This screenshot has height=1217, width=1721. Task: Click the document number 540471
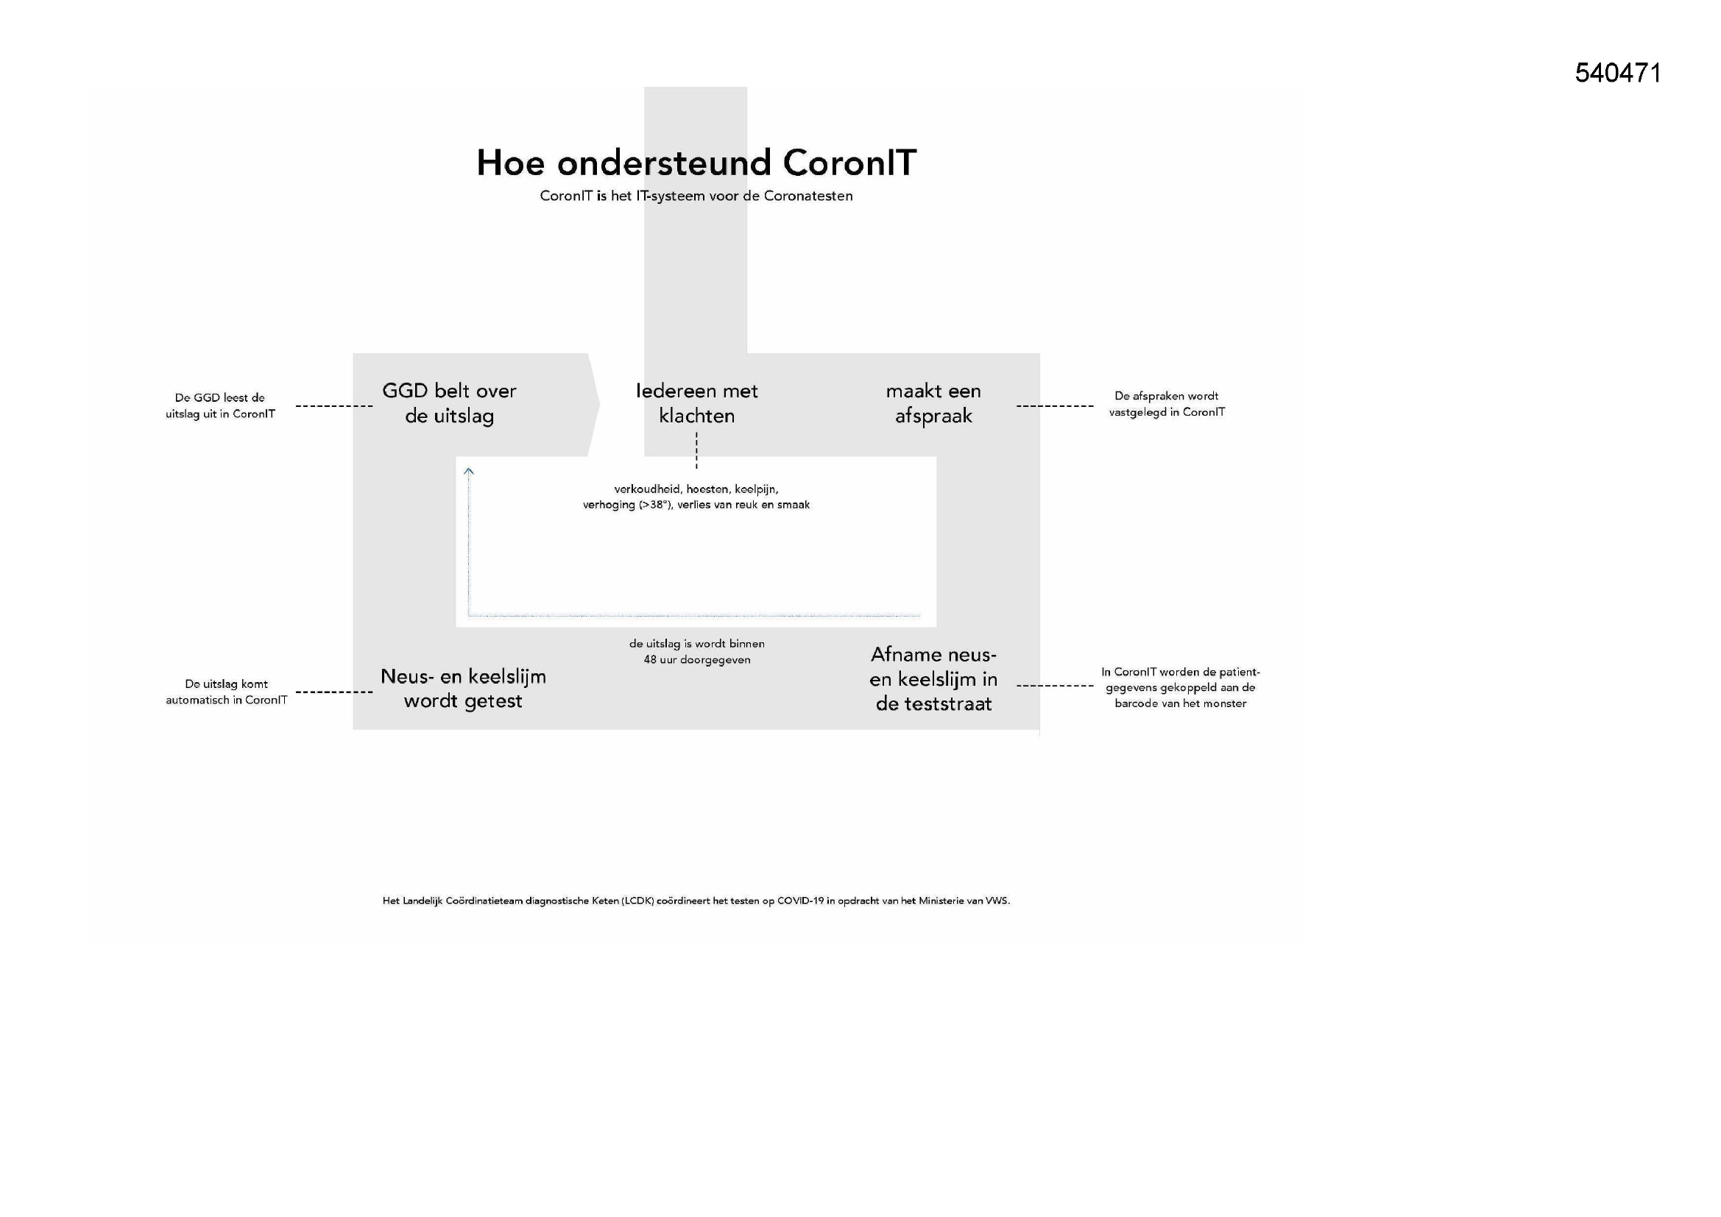(1618, 73)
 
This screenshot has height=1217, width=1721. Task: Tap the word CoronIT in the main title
(849, 163)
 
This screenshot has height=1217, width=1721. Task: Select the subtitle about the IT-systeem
(696, 196)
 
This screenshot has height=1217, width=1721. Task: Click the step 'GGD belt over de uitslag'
(450, 403)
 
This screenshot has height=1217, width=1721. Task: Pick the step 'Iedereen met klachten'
(697, 403)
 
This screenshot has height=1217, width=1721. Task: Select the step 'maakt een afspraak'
(933, 403)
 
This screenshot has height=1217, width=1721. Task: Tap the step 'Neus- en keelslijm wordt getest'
(463, 689)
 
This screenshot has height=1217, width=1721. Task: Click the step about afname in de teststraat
(934, 679)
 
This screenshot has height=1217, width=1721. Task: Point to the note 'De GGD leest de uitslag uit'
(220, 405)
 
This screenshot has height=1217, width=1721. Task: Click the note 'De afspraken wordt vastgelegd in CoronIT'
(1167, 404)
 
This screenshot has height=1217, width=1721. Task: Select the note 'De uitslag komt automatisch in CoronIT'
(227, 692)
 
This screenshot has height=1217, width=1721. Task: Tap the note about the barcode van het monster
(1181, 687)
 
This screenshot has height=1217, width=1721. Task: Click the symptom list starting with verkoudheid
(696, 497)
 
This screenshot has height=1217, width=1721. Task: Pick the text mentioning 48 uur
(697, 651)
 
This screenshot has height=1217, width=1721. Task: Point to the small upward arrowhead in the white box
(468, 472)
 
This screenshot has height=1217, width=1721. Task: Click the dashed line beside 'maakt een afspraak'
(1055, 406)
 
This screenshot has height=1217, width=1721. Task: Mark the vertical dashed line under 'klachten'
(696, 451)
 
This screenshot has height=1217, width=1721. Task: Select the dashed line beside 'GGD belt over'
(334, 406)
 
